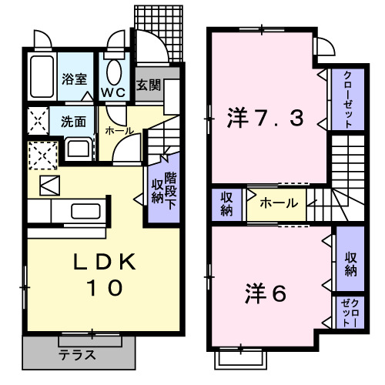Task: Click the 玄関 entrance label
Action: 148,85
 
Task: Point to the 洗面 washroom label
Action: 75,122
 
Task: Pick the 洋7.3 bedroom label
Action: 265,119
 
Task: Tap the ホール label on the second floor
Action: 275,204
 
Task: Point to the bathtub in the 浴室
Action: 40,78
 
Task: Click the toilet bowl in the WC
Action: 114,72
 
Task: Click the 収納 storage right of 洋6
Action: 350,264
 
